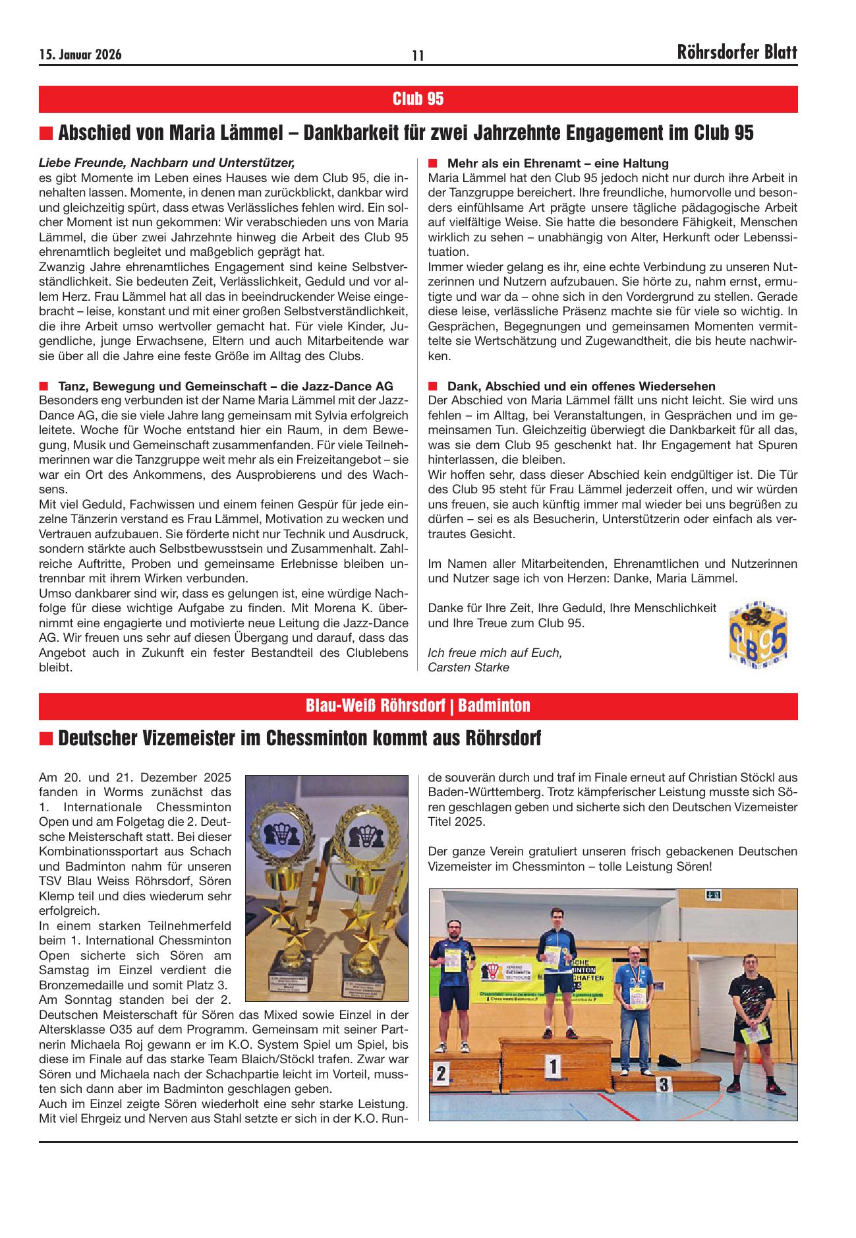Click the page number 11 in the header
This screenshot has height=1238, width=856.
418,55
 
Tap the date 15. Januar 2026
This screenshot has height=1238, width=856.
80,55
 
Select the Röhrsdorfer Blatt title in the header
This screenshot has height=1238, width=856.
737,53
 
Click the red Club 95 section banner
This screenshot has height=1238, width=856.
418,99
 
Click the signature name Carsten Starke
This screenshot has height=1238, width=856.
469,667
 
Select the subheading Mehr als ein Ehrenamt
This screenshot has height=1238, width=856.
557,163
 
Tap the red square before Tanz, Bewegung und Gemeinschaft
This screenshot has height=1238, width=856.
44,386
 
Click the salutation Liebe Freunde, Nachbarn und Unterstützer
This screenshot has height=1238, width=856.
167,162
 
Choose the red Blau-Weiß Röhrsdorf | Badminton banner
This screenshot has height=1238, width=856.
418,706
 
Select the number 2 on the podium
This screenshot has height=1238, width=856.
442,1074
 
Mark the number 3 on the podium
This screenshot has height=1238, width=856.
664,1083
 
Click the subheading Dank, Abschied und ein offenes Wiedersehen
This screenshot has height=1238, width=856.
581,386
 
